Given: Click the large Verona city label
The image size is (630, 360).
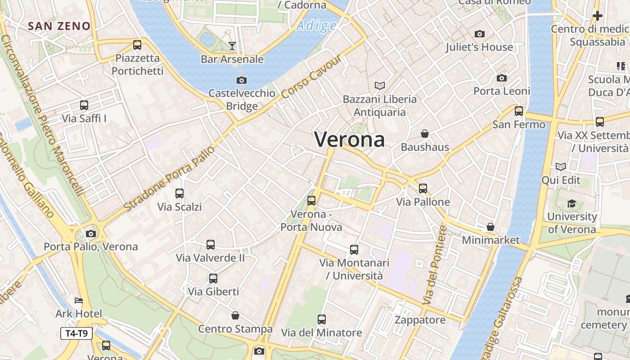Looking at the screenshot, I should click(x=349, y=139).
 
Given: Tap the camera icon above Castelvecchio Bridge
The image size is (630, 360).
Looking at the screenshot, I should click(x=242, y=81).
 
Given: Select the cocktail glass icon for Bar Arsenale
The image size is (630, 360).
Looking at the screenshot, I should click(x=232, y=45).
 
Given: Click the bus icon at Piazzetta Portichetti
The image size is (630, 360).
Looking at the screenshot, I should click(x=137, y=45).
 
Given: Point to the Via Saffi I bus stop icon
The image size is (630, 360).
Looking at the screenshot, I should click(x=84, y=105).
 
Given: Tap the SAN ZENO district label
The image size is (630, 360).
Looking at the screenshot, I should click(x=59, y=26).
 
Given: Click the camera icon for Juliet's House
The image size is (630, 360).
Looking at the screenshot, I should click(x=480, y=34).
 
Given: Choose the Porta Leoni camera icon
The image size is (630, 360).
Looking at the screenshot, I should click(x=502, y=78).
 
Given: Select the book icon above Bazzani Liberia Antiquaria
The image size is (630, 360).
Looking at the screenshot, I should click(x=380, y=85).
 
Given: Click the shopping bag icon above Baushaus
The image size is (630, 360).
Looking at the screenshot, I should click(x=424, y=134).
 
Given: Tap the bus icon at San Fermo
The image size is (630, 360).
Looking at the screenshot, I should click(x=519, y=111).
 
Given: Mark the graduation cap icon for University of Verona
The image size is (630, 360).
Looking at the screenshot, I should click(x=571, y=204).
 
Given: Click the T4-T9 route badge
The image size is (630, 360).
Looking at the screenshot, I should click(x=76, y=333).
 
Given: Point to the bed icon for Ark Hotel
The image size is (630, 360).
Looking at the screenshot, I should click(x=79, y=301).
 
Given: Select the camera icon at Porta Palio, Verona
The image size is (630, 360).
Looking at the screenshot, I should click(x=91, y=234).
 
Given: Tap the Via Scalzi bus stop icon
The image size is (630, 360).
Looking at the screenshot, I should click(x=180, y=193).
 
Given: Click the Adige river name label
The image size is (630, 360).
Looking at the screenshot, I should click(x=316, y=26).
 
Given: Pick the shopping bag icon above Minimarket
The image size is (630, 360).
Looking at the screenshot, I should click(x=490, y=227).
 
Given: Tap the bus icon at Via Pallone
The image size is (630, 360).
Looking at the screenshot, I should click(x=423, y=189).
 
